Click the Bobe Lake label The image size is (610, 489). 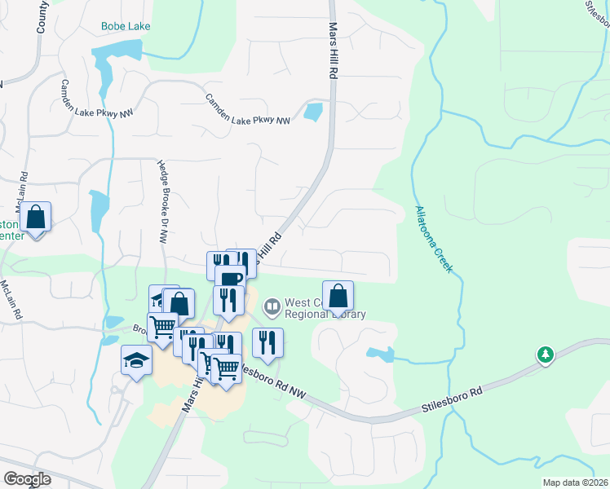coord(126,26)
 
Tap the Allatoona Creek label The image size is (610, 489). coord(434,240)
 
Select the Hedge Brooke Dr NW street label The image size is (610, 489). coord(162,200)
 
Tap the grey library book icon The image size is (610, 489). coord(272,307)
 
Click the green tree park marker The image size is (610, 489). coord(545,355)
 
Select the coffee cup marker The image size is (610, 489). coord(231,279)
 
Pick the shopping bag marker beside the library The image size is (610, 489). coord(338,295)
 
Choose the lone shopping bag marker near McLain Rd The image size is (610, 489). coord(36,218)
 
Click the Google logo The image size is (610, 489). coord(28,478)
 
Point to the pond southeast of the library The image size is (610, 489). coord(380,355)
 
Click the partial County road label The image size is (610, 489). coord(42,16)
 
